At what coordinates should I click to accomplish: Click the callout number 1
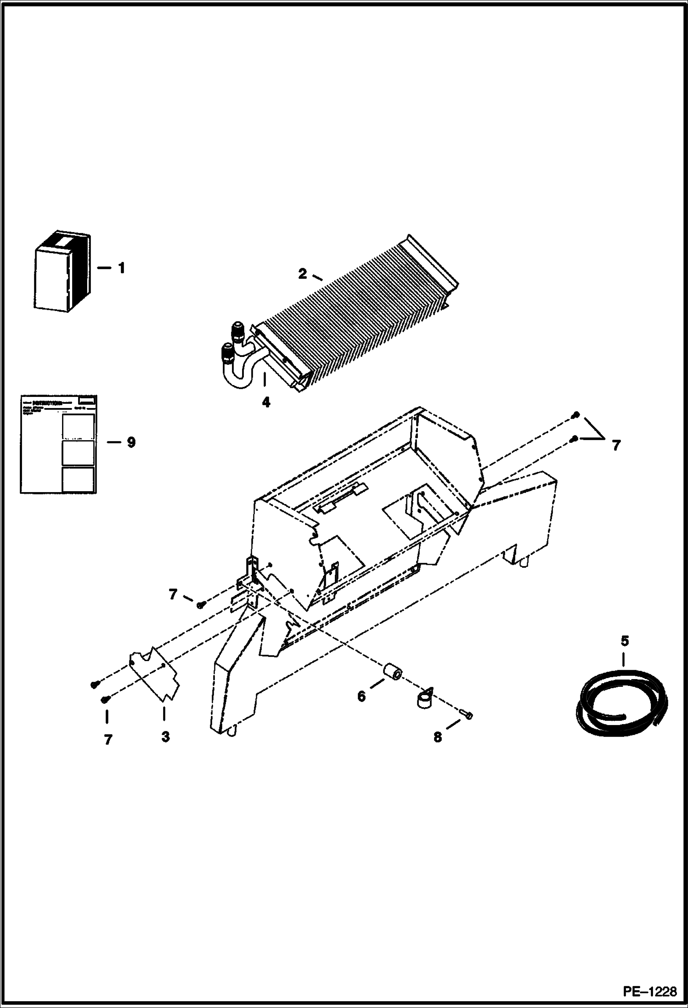point(121,268)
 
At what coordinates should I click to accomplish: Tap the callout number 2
point(302,274)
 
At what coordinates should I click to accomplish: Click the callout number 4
point(266,402)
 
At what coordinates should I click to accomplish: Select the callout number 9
point(131,442)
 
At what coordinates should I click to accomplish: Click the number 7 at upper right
point(616,445)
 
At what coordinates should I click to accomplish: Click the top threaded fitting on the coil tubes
point(240,329)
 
